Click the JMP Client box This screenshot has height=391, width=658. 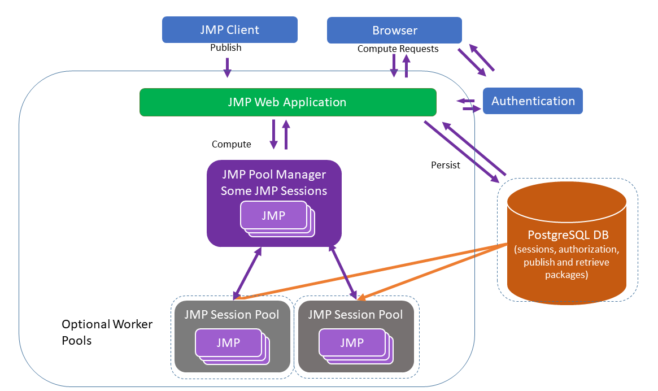click(229, 29)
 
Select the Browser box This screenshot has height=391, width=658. click(394, 30)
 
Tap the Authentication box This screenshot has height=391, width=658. click(533, 101)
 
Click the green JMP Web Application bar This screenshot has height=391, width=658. click(287, 102)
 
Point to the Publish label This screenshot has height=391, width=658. click(225, 47)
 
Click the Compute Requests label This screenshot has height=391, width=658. click(398, 49)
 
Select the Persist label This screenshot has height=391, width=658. click(445, 165)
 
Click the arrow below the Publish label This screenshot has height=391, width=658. click(227, 67)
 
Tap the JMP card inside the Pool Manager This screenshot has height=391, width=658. click(273, 215)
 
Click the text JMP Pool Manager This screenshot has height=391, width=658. click(274, 174)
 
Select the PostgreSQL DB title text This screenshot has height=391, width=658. click(567, 234)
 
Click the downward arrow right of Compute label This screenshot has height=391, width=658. click(274, 134)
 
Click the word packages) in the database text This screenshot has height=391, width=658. click(567, 275)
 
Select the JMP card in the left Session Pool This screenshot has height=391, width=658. click(228, 342)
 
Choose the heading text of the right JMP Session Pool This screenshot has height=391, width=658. click(355, 314)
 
